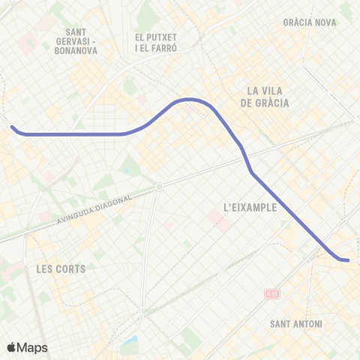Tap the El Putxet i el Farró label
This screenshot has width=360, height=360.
[x=155, y=43]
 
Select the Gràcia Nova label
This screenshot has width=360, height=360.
[x=310, y=22]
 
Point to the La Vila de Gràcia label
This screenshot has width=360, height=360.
[x=268, y=97]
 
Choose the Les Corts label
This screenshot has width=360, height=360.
[x=61, y=268]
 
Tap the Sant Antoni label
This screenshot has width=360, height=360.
[x=295, y=324]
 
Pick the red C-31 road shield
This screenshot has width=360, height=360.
[x=271, y=295]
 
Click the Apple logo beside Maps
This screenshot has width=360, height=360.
[x=12, y=347]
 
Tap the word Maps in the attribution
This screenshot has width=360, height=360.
[x=33, y=347]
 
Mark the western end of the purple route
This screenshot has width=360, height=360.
[x=12, y=127]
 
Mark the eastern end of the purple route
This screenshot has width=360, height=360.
[x=348, y=260]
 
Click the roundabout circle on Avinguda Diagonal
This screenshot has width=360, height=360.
[x=159, y=187]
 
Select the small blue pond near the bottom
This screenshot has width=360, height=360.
[x=132, y=346]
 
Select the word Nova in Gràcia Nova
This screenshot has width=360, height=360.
[x=325, y=22]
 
